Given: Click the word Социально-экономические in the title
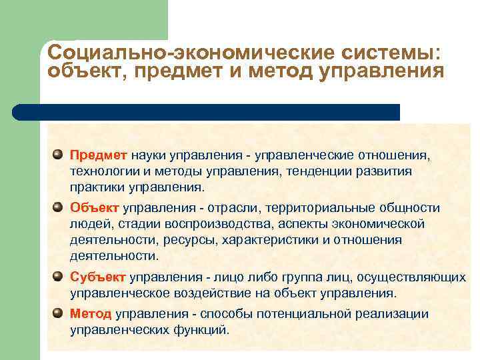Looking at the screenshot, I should click(176, 53).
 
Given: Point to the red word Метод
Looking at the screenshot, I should click(91, 313).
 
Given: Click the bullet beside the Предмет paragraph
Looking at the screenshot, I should click(59, 154).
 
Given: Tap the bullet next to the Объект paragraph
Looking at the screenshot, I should click(59, 207).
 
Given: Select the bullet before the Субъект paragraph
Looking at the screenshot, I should click(59, 275).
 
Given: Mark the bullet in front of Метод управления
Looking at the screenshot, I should click(59, 313).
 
